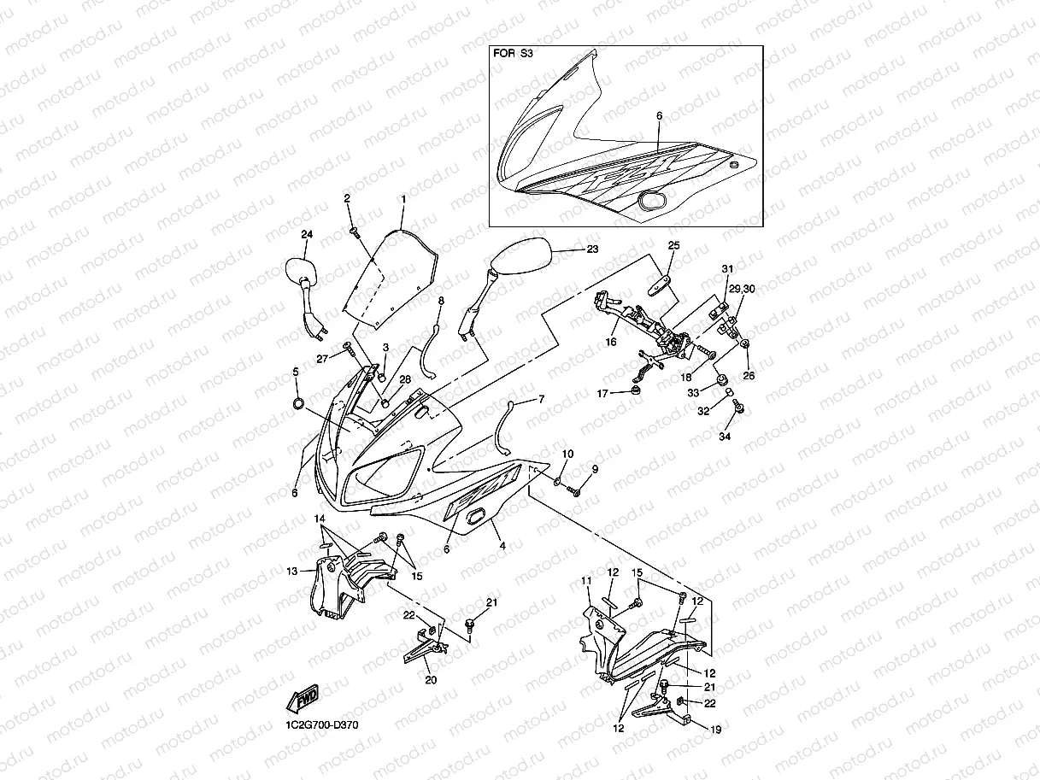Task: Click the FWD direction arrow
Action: point(304,701)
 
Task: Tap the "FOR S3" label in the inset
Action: point(513,53)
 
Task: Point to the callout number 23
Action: point(592,249)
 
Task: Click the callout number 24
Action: point(307,234)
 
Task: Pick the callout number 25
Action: point(673,245)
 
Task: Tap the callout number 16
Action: point(612,342)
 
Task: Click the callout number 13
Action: point(291,571)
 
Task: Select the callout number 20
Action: point(431,681)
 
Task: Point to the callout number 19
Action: point(716,729)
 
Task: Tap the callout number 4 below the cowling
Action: point(502,544)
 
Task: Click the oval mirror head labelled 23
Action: point(522,255)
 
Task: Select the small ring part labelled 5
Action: point(297,403)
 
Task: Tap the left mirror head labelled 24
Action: point(298,271)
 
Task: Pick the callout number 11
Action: point(586,581)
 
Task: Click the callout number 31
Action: point(727,269)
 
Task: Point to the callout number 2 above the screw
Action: point(348,198)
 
